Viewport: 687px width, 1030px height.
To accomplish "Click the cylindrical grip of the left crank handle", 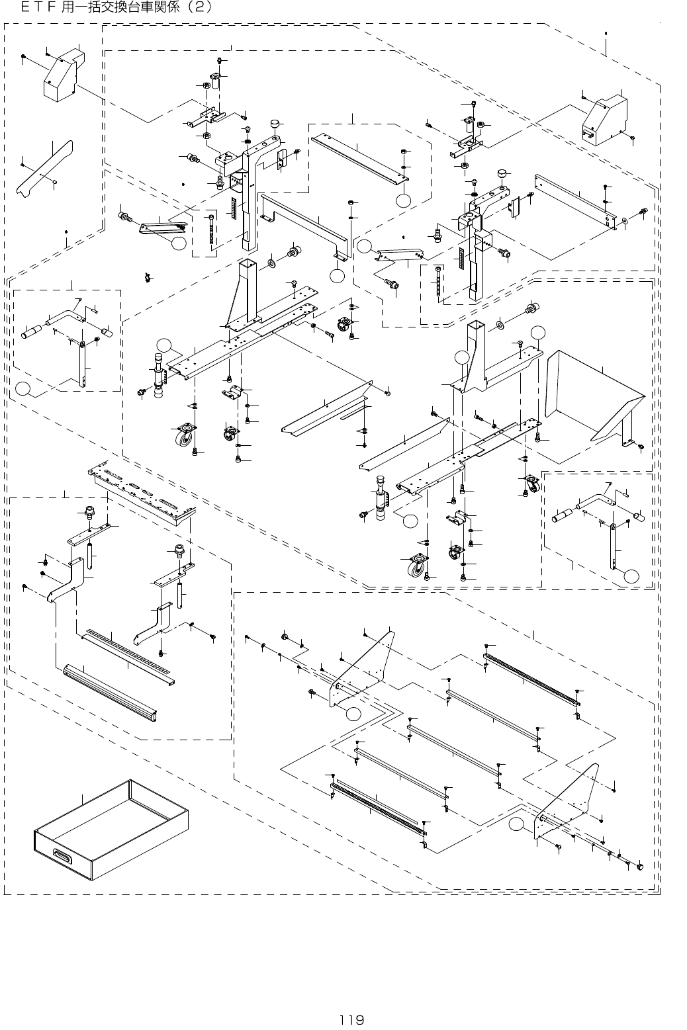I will click(32, 332).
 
